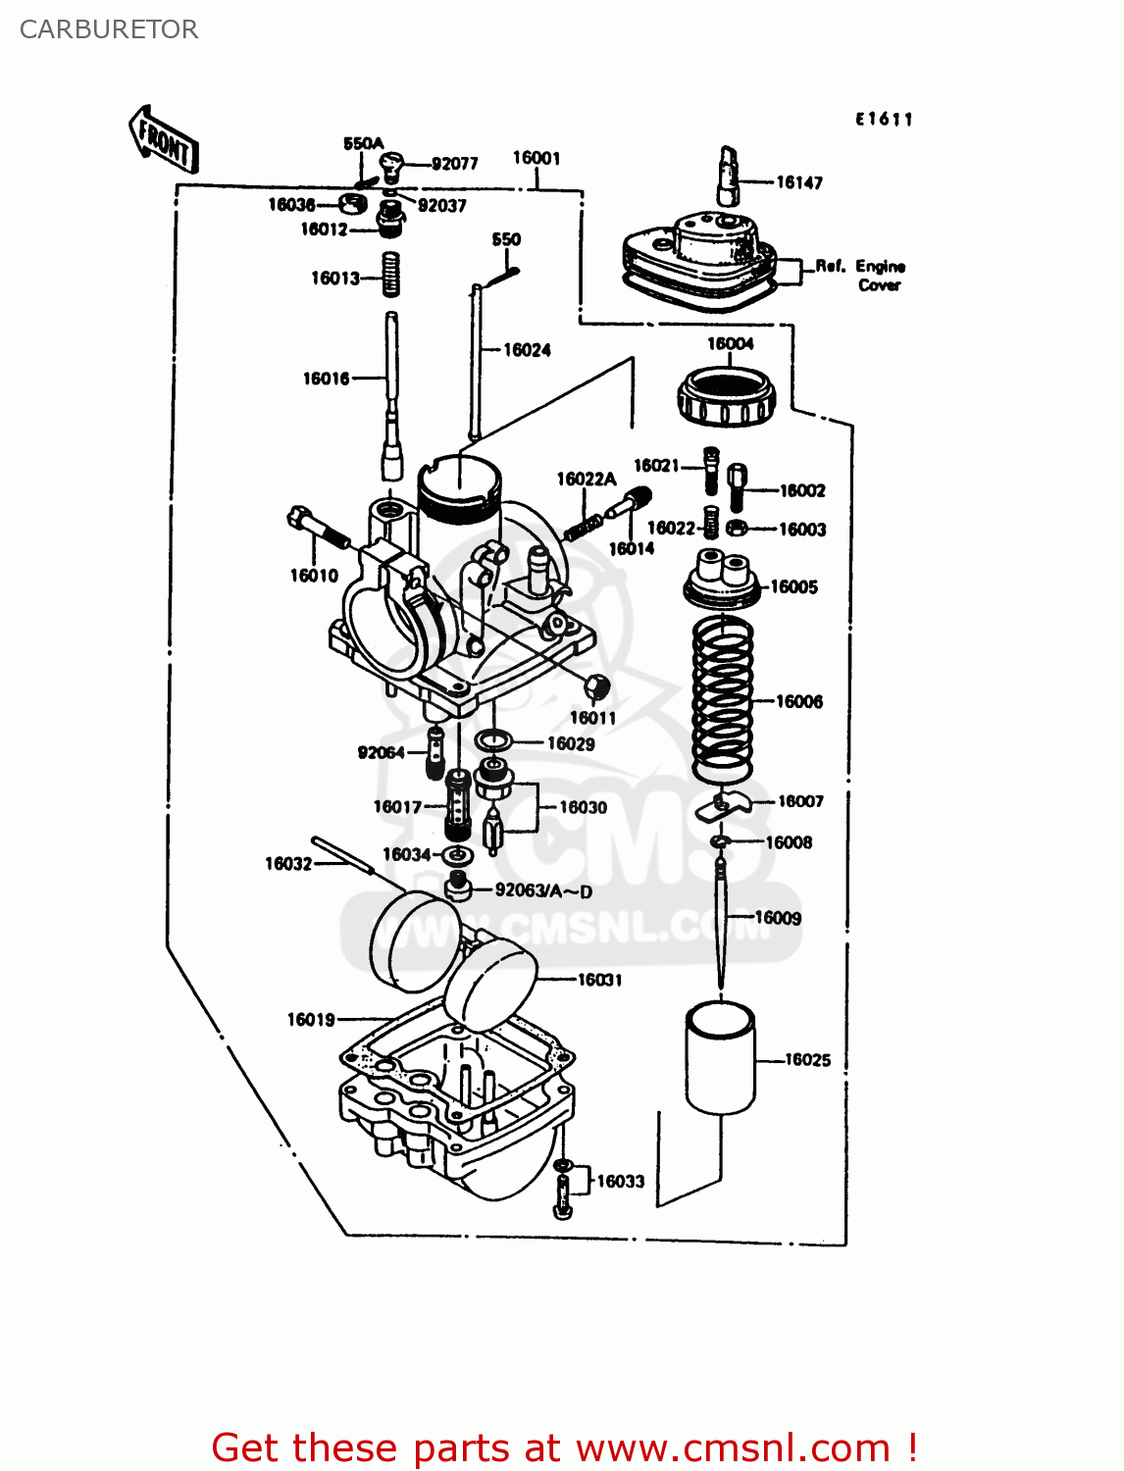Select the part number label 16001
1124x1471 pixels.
[536, 158]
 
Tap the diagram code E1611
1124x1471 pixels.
[884, 120]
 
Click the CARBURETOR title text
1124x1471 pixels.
[109, 29]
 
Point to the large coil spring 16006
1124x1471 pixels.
[723, 699]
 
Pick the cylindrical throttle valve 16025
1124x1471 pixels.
[720, 1058]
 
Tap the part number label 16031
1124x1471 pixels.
[599, 980]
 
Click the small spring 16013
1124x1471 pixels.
[390, 274]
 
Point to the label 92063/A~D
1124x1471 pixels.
[543, 891]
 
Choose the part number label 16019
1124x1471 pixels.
[311, 1020]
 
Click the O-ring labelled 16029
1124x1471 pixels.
[492, 740]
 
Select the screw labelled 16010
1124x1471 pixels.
[319, 530]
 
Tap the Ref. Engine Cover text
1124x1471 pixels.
[861, 276]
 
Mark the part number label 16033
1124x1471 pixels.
[621, 1182]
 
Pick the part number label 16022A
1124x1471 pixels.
[586, 479]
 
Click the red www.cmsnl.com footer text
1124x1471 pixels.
[563, 1447]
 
